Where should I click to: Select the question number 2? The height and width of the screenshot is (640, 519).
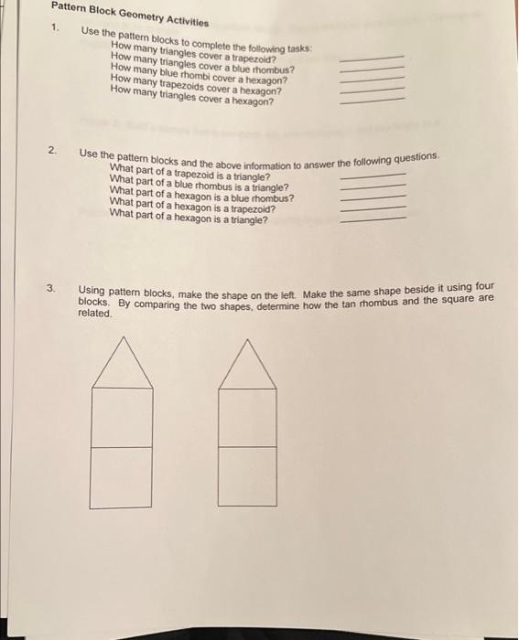pos(54,149)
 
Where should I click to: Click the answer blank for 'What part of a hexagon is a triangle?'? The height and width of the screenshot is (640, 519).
pos(372,218)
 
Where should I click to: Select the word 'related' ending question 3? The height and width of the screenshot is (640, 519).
pos(94,314)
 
